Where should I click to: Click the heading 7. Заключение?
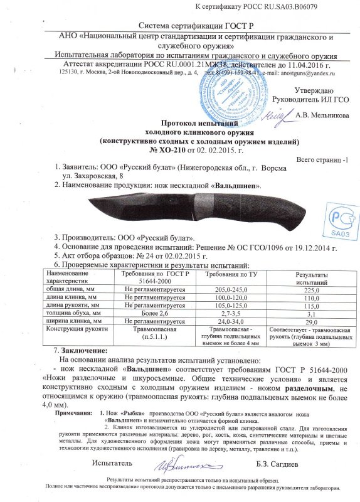pos(82,349)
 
